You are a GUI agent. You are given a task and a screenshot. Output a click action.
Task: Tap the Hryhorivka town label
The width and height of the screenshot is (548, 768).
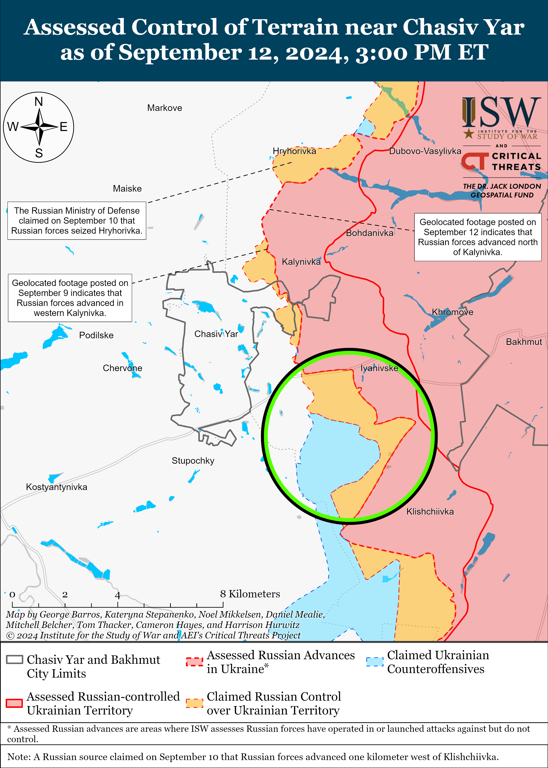294,151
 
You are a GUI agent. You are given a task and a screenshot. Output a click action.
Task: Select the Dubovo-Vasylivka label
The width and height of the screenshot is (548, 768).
425,151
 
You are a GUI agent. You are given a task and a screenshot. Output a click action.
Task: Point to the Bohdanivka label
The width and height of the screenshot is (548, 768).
370,233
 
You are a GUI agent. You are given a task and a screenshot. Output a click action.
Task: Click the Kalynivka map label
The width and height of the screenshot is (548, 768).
301,262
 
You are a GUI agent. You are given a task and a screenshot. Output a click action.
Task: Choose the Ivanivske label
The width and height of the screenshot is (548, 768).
379,368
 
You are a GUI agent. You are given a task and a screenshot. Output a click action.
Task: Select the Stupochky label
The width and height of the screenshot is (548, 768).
193,461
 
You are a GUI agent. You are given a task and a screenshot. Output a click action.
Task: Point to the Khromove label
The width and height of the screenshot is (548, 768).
452,312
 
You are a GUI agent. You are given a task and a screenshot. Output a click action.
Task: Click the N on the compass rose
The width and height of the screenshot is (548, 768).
39,101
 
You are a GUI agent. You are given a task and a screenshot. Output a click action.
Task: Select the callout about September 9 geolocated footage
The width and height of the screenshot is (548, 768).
70,298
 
